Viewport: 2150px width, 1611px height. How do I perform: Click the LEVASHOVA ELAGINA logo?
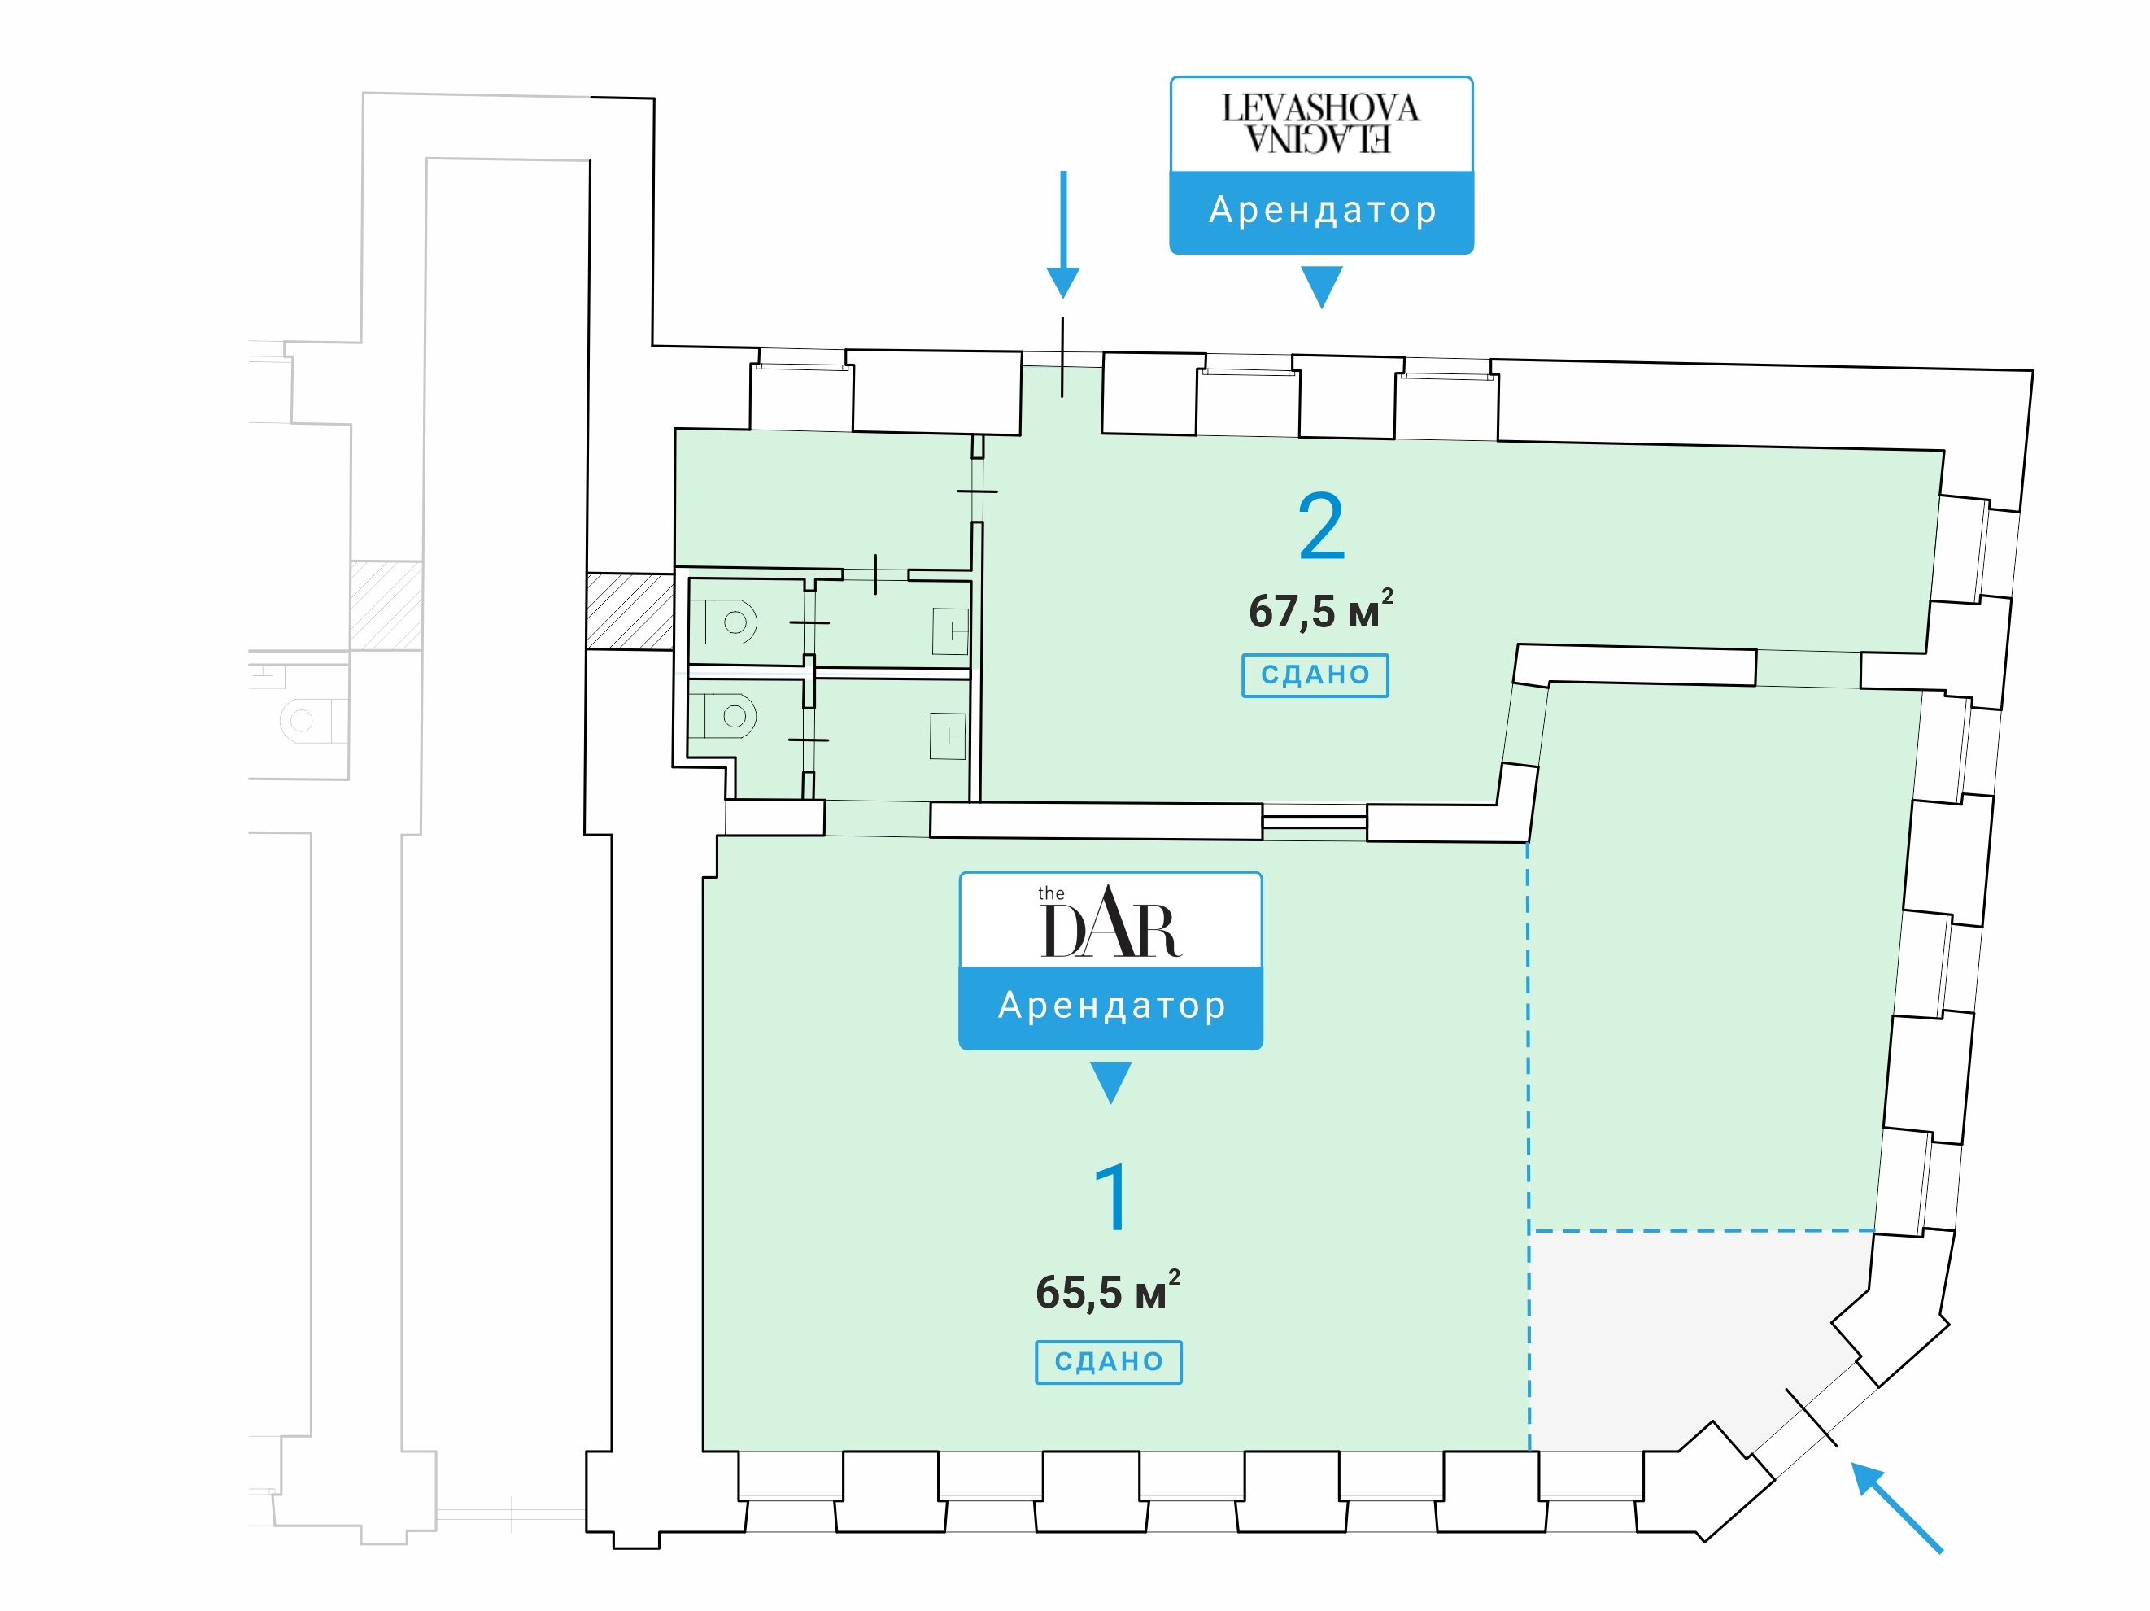[x=1321, y=124]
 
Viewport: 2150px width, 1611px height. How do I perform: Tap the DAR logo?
[x=1111, y=922]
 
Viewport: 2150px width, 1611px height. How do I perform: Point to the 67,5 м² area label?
[x=1321, y=609]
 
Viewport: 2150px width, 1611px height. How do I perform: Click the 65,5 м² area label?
[x=1108, y=1290]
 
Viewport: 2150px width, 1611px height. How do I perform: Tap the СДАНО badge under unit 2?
[x=1315, y=675]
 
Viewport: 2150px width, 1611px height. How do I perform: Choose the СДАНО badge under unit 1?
[x=1109, y=1362]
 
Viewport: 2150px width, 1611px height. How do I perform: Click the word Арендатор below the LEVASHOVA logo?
[x=1323, y=210]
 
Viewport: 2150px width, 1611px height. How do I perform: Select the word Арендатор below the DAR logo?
[x=1112, y=1006]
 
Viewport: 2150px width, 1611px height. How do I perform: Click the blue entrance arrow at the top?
[x=1063, y=234]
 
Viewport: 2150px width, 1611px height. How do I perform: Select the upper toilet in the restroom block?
[x=730, y=622]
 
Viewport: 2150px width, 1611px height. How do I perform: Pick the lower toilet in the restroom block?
[x=730, y=717]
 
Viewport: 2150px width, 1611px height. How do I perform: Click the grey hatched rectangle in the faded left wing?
[x=386, y=605]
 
